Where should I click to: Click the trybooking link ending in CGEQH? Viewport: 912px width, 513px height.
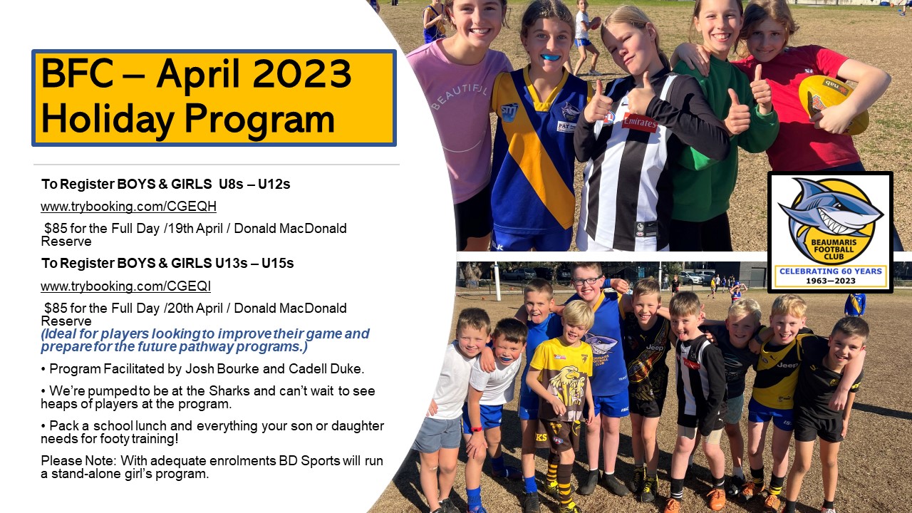click(x=128, y=207)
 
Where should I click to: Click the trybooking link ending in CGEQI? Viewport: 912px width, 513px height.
click(x=126, y=286)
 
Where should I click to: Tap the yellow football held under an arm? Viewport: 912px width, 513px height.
click(x=833, y=105)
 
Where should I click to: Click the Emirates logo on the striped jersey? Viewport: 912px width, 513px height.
click(x=639, y=122)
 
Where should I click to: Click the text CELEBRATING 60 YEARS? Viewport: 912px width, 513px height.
click(x=831, y=271)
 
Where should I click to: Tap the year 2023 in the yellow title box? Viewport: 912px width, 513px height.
click(x=301, y=74)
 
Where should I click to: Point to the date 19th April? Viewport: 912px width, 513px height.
click(x=195, y=229)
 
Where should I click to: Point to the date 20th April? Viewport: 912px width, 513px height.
click(x=195, y=309)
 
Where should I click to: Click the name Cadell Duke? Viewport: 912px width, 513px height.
click(x=326, y=369)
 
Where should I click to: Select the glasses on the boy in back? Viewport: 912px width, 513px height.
click(x=586, y=280)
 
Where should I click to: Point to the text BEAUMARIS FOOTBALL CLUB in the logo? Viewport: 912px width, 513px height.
click(x=833, y=249)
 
